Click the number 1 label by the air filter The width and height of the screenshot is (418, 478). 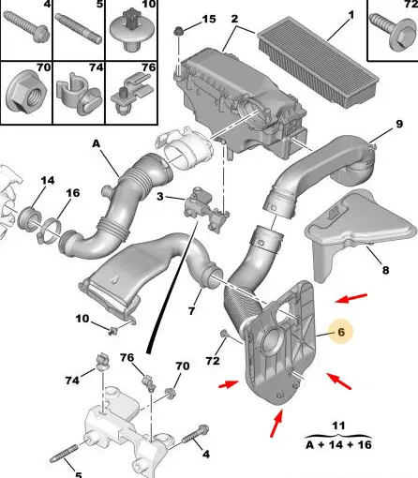[x=351, y=15]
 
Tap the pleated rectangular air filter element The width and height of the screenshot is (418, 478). [x=318, y=62]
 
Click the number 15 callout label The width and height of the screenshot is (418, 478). [x=209, y=20]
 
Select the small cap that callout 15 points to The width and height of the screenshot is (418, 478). [x=178, y=31]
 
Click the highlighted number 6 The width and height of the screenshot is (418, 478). [x=341, y=332]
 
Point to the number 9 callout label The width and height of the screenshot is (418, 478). [x=399, y=124]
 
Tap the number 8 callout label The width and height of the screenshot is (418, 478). [x=386, y=270]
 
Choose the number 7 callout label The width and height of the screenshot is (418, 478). [x=191, y=310]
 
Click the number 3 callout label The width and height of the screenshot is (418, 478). [x=160, y=197]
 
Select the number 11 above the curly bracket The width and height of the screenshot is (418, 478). [x=338, y=426]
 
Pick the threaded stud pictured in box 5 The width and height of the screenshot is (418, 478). [x=79, y=29]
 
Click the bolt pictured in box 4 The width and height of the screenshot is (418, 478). [x=26, y=27]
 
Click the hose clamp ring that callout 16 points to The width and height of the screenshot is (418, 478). [x=50, y=232]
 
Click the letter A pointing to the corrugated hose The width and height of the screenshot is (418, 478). [x=97, y=143]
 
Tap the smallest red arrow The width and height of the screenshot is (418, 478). [x=229, y=384]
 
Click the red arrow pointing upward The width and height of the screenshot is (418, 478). [x=276, y=424]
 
